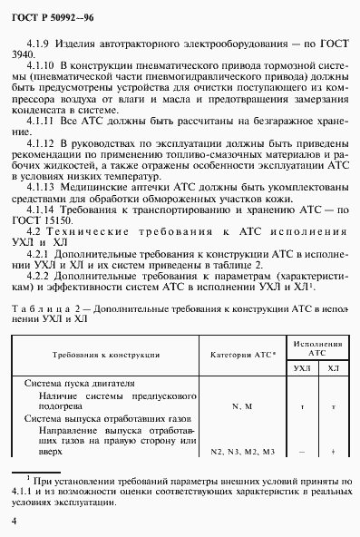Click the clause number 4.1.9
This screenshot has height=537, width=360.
click(x=44, y=42)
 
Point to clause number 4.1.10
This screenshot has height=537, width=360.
click(x=46, y=67)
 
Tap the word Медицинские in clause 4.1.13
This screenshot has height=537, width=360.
click(x=98, y=182)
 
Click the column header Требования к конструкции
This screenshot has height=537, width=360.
click(x=106, y=354)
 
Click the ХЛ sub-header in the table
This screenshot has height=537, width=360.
click(x=334, y=367)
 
